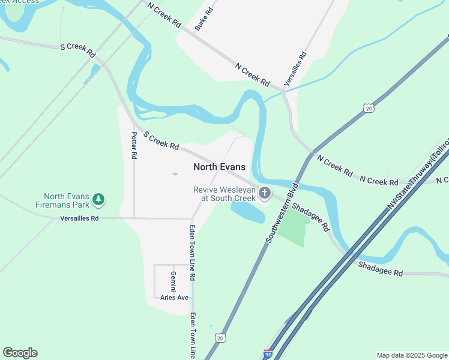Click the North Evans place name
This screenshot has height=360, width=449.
click(219, 167)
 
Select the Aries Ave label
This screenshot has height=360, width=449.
click(175, 297)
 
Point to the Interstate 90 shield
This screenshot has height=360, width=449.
click(268, 355)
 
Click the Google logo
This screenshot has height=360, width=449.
click(20, 353)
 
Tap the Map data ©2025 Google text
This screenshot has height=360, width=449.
click(411, 355)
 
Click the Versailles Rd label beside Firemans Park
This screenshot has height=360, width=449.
click(79, 218)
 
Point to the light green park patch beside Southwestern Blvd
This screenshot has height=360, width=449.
click(295, 228)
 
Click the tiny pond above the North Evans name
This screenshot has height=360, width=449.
click(174, 174)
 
